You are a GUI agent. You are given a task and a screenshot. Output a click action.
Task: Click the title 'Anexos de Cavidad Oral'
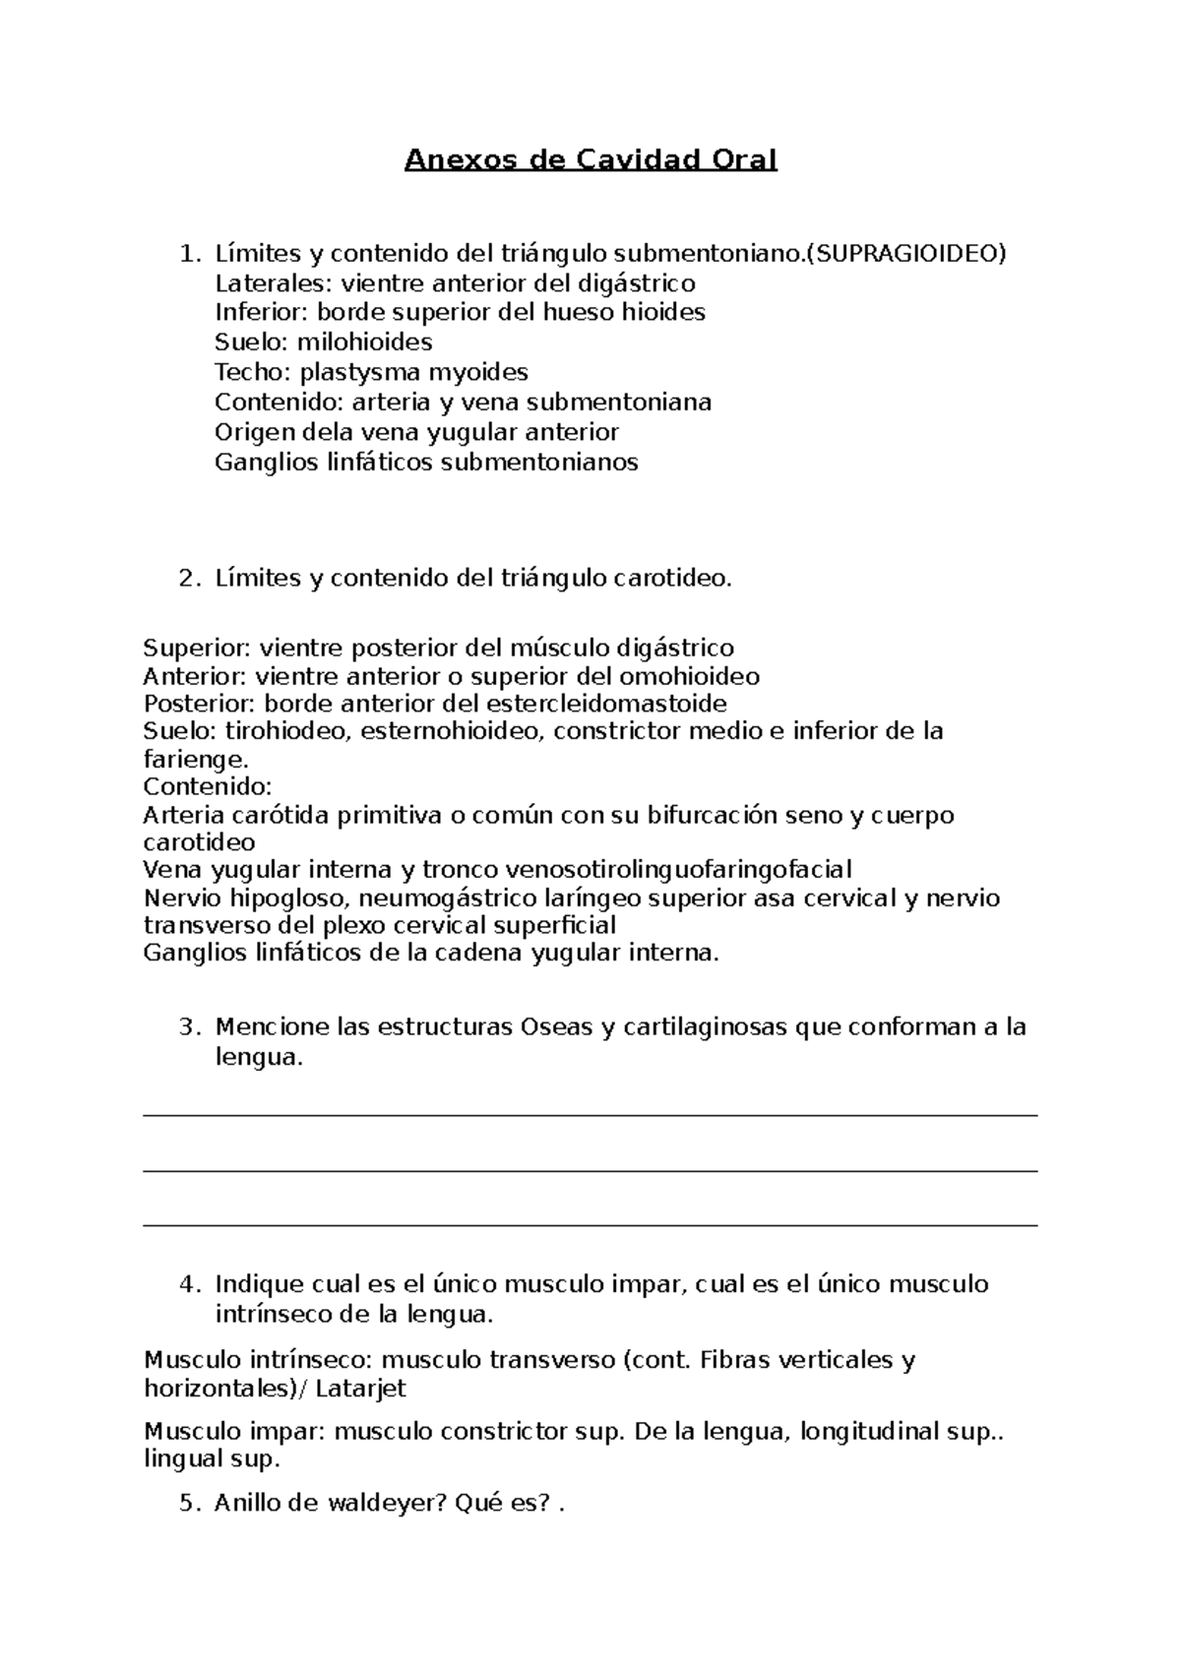pyautogui.click(x=590, y=159)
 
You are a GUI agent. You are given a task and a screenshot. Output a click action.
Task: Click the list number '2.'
pyautogui.click(x=190, y=579)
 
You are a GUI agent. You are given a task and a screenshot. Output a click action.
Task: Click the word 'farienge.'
pyautogui.click(x=196, y=760)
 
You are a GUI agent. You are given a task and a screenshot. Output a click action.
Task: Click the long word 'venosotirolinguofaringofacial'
pyautogui.click(x=677, y=870)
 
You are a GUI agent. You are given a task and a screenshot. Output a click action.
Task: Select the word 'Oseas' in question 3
pyautogui.click(x=556, y=1027)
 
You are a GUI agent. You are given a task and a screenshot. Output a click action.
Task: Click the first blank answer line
pyautogui.click(x=590, y=1115)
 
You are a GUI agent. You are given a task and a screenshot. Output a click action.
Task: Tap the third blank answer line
pyautogui.click(x=590, y=1225)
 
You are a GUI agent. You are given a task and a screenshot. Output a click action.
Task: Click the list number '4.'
pyautogui.click(x=190, y=1284)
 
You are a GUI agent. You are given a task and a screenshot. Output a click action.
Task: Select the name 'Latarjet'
pyautogui.click(x=361, y=1389)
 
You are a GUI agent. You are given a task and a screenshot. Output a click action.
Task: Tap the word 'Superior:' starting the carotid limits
pyautogui.click(x=197, y=649)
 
